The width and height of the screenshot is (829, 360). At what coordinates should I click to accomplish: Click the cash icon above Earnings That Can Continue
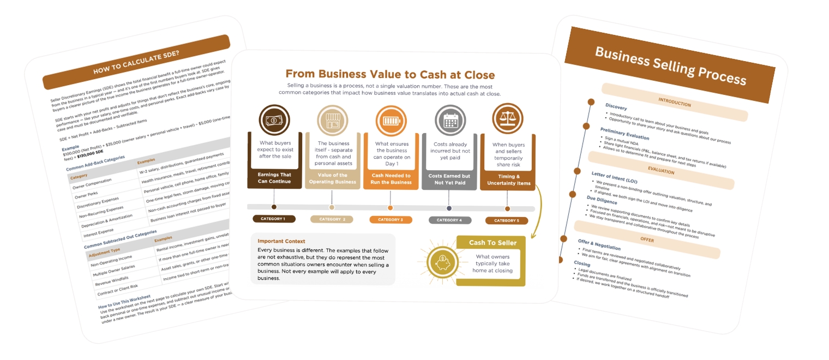pyautogui.click(x=274, y=119)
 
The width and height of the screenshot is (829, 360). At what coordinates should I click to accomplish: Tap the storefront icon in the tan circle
pyautogui.click(x=332, y=119)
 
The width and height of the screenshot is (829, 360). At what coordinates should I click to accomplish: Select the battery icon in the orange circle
pyautogui.click(x=390, y=119)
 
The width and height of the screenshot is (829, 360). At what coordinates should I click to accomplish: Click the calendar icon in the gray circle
pyautogui.click(x=449, y=119)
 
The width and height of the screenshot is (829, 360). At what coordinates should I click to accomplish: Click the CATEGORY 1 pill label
pyautogui.click(x=274, y=219)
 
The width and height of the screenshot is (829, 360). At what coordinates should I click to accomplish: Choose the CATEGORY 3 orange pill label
pyautogui.click(x=390, y=220)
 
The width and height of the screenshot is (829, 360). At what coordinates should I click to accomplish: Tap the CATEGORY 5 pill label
pyautogui.click(x=507, y=220)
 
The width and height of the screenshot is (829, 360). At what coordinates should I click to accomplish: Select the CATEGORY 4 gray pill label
pyautogui.click(x=449, y=220)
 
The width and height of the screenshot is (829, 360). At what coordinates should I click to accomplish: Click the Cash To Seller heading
pyautogui.click(x=490, y=242)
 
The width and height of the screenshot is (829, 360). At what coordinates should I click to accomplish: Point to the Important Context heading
pyautogui.click(x=281, y=241)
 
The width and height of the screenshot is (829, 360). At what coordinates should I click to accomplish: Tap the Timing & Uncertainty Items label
pyautogui.click(x=507, y=180)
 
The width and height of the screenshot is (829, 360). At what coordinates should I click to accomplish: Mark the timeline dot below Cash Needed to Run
pyautogui.click(x=390, y=208)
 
